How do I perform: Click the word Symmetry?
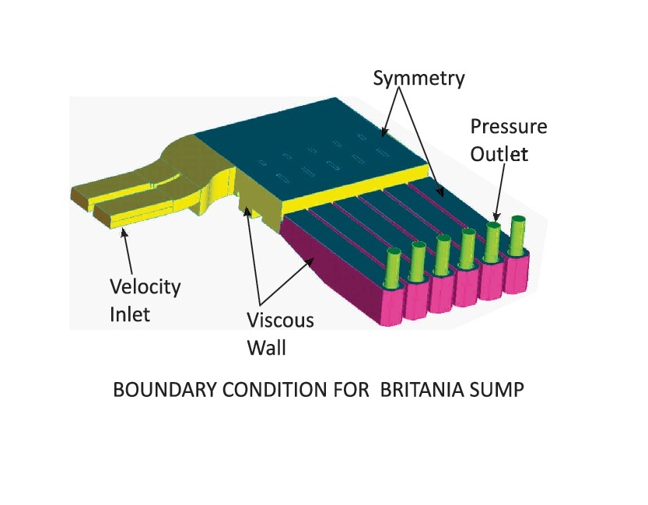pos(419,79)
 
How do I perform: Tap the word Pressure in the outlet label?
pos(508,128)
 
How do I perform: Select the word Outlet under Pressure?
pos(499,154)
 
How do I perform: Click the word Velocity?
pos(145,286)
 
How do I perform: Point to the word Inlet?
pos(128,314)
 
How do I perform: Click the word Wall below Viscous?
pos(266,347)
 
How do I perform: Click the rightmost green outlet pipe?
pos(517,233)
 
